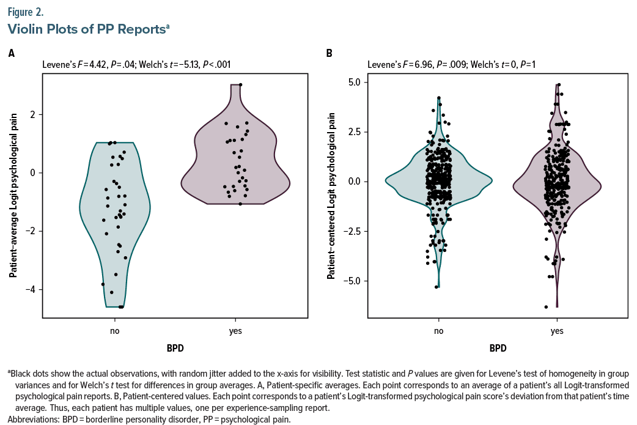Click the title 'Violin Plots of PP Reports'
[86, 28]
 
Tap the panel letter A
[11, 54]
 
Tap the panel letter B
[329, 54]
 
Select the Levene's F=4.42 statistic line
[136, 64]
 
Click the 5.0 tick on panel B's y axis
[354, 82]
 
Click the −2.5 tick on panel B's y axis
[352, 231]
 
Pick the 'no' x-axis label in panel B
[438, 331]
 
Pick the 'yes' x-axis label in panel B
[557, 331]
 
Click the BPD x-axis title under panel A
[175, 349]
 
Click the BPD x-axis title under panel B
[498, 349]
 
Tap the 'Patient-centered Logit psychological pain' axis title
[331, 194]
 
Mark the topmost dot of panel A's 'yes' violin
[240, 85]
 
